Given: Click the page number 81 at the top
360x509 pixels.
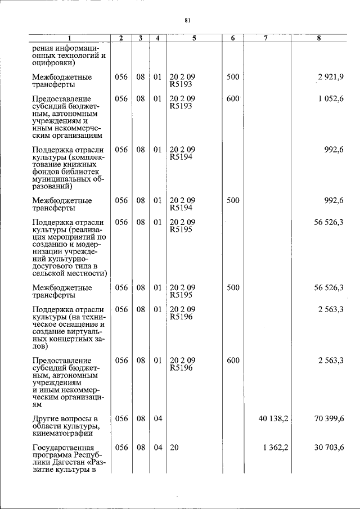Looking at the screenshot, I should (x=188, y=21).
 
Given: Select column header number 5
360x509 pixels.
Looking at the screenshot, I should (x=193, y=38).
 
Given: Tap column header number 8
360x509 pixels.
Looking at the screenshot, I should (x=319, y=38).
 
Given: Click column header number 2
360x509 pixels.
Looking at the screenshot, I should (x=121, y=38).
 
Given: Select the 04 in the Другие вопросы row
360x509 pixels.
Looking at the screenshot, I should (x=157, y=419).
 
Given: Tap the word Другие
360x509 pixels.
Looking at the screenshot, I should (x=47, y=419).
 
